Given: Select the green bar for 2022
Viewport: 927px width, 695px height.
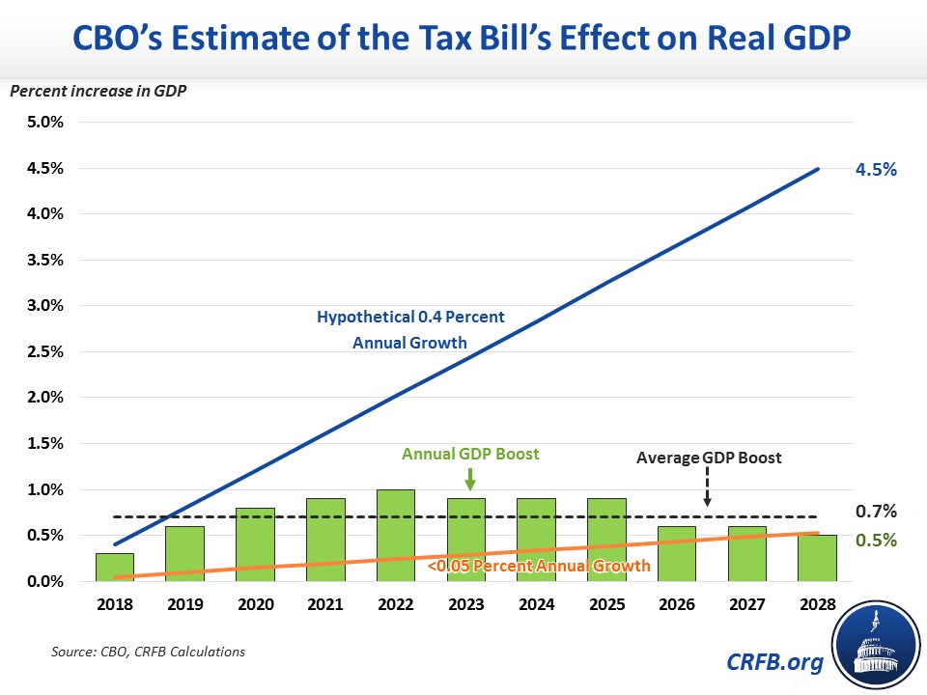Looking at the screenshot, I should pos(396,536).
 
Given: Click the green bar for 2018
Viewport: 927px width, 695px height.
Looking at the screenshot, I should pos(115,567).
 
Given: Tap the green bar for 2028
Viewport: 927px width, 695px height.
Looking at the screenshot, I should pos(818,558).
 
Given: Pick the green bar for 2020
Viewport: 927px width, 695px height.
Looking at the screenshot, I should pos(255,544).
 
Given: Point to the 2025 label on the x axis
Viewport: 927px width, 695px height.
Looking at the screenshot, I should pos(606,605).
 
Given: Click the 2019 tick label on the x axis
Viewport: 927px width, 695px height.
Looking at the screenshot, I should pos(184,605).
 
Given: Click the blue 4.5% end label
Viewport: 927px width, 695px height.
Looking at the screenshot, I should pos(876,170).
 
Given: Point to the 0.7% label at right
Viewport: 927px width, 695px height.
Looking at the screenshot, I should pos(876,511).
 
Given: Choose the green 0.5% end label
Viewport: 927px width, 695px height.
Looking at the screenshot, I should pos(876,540).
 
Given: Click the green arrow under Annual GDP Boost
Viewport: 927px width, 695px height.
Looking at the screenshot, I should pos(468,478).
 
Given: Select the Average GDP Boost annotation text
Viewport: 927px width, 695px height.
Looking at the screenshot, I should pos(708,459).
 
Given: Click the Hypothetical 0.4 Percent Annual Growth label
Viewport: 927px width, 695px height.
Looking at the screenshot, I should pos(410,328).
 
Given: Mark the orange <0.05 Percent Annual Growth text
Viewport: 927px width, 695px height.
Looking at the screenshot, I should pos(538,566).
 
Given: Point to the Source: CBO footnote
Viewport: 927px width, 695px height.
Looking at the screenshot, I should pos(148,652).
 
